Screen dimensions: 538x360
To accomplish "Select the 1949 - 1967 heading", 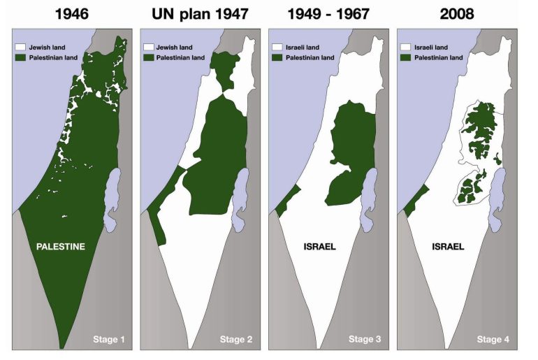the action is click(328, 13).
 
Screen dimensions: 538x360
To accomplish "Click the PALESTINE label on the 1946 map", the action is click(61, 246).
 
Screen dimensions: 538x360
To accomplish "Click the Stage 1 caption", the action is click(108, 340).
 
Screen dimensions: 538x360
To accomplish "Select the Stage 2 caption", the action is click(236, 340).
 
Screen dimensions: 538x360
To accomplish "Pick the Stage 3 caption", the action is click(365, 340).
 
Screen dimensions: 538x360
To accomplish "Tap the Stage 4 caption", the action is click(493, 340).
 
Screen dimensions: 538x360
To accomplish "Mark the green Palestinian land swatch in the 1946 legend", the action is click(20, 57).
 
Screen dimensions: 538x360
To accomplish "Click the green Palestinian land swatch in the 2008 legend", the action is click(405, 57).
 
